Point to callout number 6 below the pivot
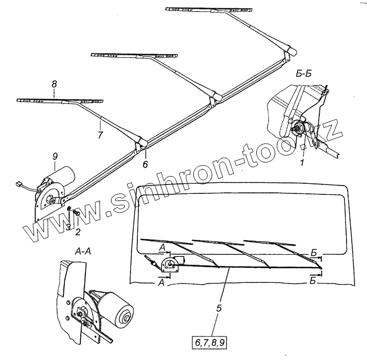145,164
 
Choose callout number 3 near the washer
68,226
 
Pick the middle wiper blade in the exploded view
134,54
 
